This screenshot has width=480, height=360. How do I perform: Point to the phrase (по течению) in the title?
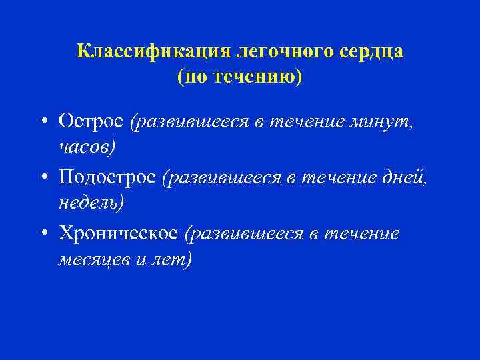click(239, 77)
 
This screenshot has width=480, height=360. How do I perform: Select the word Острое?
click(91, 121)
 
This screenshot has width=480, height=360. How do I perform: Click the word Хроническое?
click(118, 233)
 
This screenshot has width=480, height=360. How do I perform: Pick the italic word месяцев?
click(94, 258)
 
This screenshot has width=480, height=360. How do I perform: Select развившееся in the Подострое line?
click(220, 177)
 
